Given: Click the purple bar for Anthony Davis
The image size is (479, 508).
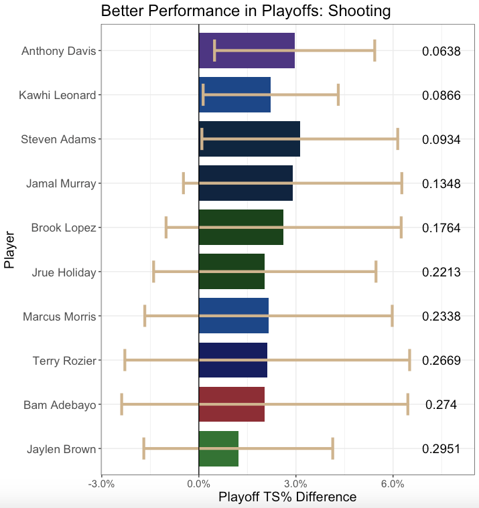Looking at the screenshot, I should (247, 50).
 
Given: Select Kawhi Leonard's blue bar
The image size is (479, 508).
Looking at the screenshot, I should (234, 94).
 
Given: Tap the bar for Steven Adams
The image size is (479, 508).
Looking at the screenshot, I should (249, 139).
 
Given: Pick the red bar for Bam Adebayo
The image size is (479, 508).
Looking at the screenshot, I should (232, 404).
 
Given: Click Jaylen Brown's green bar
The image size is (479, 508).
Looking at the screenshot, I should (218, 448).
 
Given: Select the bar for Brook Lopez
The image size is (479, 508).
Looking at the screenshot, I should (241, 228).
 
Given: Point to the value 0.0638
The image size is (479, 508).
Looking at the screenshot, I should (441, 51).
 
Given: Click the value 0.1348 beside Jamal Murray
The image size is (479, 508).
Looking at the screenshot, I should (441, 183).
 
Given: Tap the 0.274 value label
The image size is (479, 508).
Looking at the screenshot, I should (441, 404).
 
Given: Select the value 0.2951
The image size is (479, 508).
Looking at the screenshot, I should (441, 448).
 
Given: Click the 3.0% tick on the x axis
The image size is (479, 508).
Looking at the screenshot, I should (295, 484).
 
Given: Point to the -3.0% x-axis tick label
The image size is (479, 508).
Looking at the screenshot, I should (101, 484).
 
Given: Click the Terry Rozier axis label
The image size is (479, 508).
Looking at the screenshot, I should (64, 361).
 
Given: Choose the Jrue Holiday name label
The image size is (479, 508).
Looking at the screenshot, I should (64, 272).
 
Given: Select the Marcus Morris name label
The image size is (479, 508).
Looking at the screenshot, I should (60, 317).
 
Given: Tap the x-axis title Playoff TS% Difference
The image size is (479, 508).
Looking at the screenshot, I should (287, 497).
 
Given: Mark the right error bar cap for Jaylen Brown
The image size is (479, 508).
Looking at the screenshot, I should (332, 448).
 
